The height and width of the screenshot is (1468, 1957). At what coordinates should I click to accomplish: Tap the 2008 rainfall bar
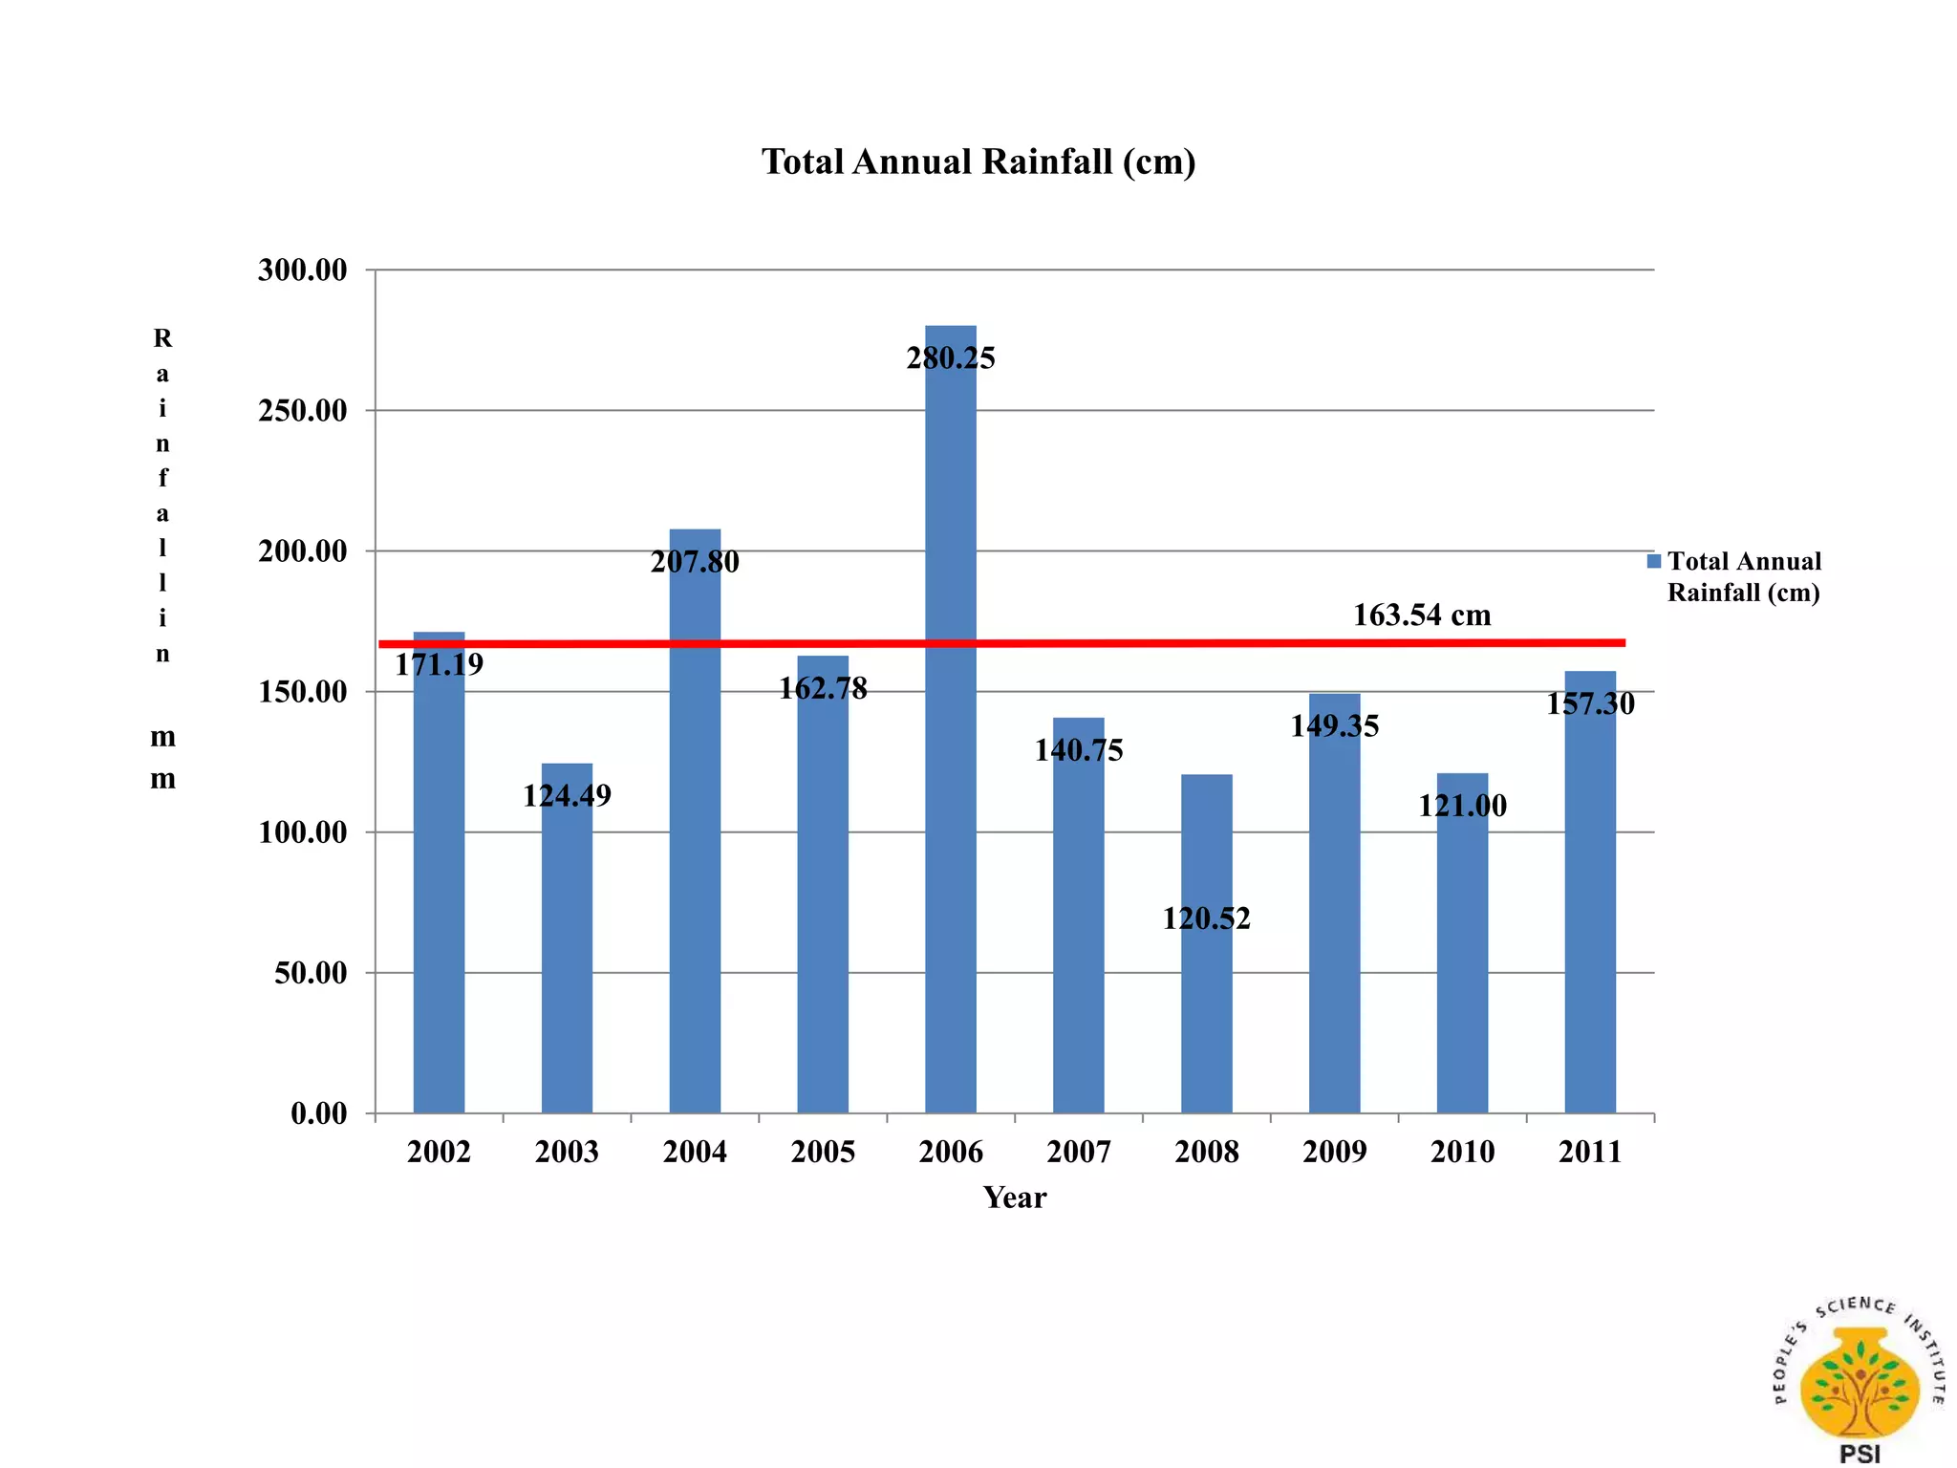1206,1004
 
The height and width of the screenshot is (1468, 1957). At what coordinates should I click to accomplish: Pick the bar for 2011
1590,908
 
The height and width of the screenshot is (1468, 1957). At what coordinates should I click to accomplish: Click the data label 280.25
951,358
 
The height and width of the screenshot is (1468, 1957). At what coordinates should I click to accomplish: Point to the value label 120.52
1206,918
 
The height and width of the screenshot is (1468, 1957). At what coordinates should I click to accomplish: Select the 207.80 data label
695,562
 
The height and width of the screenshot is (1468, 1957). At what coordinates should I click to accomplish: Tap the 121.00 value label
1462,806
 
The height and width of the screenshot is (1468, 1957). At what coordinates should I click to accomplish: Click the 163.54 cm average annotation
1422,615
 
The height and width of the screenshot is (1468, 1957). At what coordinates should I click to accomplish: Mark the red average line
1147,643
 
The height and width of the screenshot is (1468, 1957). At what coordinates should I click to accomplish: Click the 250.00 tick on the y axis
302,411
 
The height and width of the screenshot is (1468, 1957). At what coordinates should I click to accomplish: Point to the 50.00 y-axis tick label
311,973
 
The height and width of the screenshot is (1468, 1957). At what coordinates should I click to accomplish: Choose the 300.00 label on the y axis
302,270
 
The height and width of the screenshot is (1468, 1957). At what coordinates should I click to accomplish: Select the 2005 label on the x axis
823,1152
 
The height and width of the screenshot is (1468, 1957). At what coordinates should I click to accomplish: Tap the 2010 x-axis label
1462,1152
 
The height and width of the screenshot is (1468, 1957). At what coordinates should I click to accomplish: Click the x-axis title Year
1015,1198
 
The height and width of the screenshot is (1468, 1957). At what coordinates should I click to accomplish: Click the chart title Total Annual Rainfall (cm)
978,162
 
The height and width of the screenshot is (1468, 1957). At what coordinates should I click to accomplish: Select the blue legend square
1654,561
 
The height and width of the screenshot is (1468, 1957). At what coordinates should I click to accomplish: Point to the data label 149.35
1334,726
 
